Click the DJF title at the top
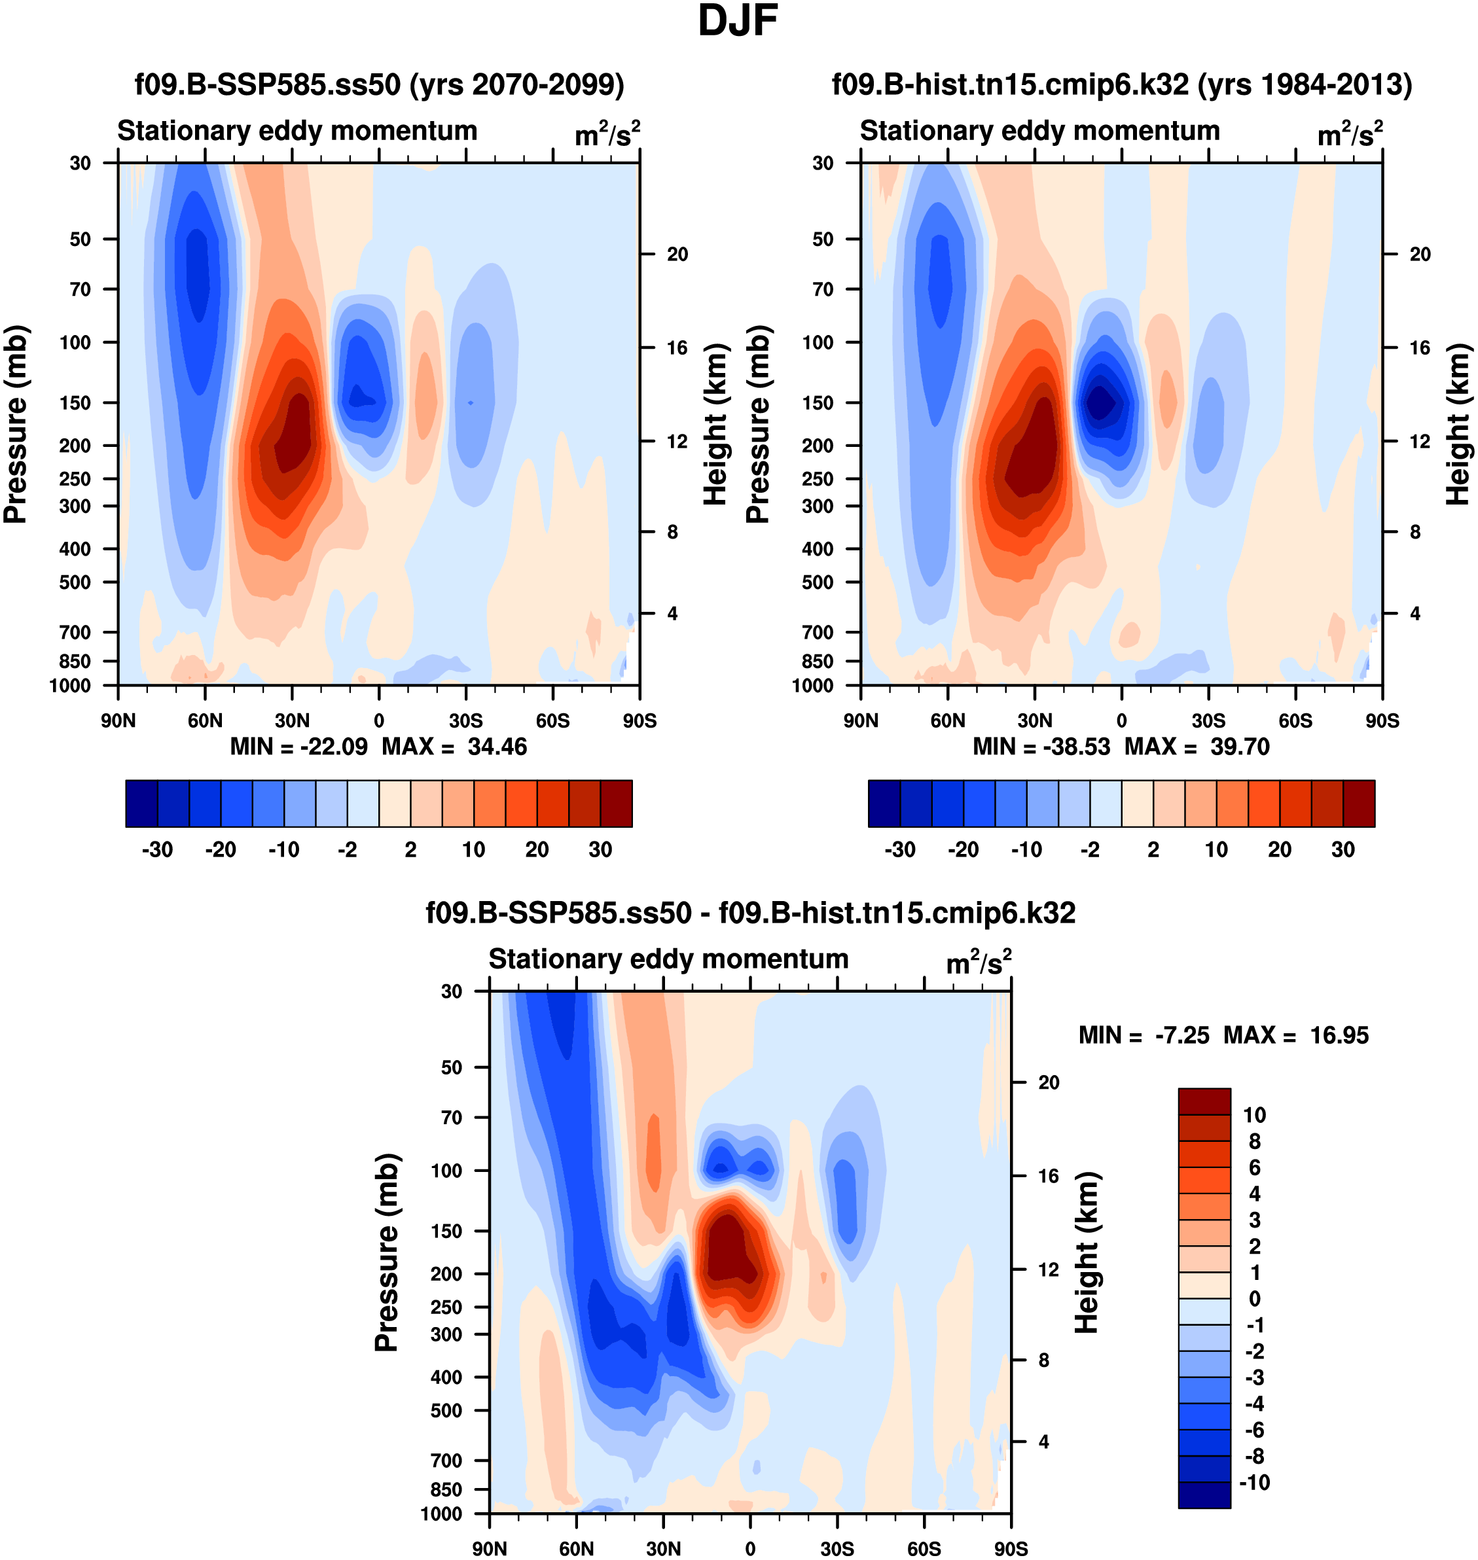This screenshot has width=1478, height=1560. (x=738, y=21)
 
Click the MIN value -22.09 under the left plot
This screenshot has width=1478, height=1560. (x=333, y=747)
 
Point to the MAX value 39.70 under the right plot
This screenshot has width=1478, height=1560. (x=1239, y=747)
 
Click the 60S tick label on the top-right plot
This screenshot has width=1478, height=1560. (x=1295, y=720)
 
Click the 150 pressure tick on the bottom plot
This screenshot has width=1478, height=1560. (x=446, y=1231)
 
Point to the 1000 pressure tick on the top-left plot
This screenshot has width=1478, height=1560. (x=69, y=686)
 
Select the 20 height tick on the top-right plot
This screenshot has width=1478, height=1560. (x=1420, y=255)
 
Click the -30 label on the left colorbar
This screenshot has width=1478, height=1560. (x=157, y=850)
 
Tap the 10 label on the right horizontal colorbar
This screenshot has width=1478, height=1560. (x=1216, y=850)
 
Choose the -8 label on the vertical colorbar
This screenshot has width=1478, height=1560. (x=1254, y=1456)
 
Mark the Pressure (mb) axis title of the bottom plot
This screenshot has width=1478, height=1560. (x=387, y=1252)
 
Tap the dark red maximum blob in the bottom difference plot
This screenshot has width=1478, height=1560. (x=729, y=1252)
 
